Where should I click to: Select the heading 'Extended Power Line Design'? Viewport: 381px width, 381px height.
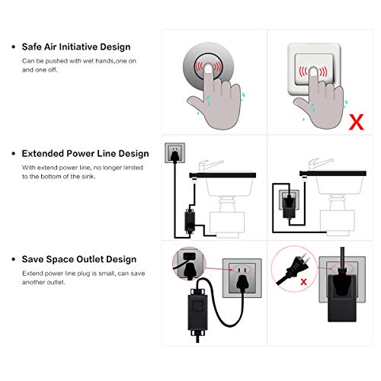[x=85, y=153]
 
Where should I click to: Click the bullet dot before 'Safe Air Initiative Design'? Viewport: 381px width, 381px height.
[x=14, y=46]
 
